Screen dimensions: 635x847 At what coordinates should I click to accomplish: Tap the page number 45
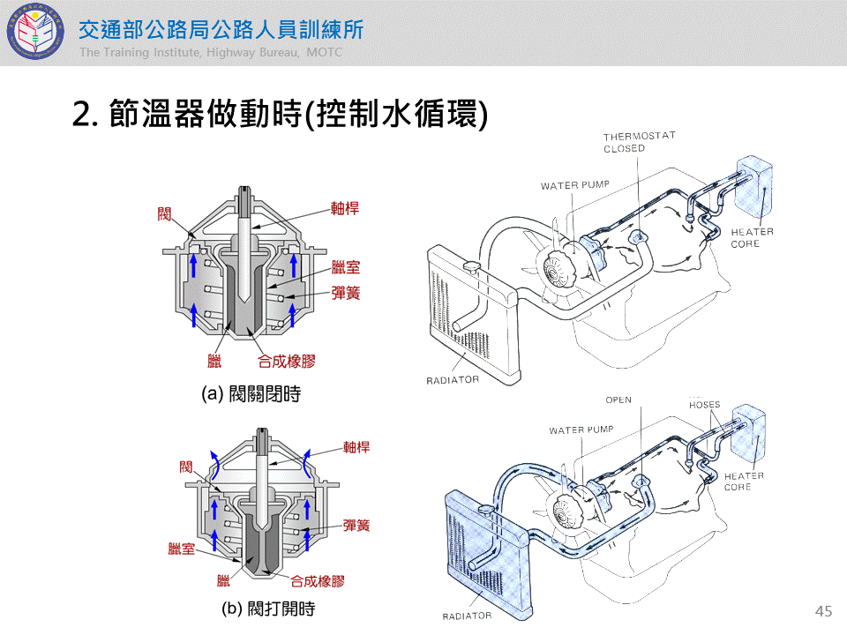click(x=824, y=611)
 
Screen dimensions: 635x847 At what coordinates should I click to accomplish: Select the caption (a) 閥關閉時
click(x=251, y=394)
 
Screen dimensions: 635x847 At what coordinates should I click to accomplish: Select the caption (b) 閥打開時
click(x=268, y=609)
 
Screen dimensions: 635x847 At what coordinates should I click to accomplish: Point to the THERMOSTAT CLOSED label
click(x=639, y=142)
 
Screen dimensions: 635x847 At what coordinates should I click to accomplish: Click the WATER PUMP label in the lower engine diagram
click(x=581, y=430)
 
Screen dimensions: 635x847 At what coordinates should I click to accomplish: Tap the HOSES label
click(x=704, y=405)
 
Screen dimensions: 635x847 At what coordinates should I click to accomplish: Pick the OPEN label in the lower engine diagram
click(x=618, y=400)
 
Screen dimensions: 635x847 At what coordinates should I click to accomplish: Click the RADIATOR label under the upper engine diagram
click(x=453, y=380)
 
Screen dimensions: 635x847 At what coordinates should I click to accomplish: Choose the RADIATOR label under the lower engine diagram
click(x=467, y=616)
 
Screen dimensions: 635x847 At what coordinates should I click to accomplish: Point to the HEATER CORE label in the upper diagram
click(x=752, y=237)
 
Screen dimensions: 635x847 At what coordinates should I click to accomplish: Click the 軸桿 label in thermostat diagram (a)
click(x=345, y=210)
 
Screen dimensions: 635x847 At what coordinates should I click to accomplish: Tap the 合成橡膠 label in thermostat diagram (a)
click(x=287, y=361)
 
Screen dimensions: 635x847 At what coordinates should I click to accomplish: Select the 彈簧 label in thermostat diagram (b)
click(x=356, y=525)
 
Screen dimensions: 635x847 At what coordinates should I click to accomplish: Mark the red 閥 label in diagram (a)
click(x=164, y=213)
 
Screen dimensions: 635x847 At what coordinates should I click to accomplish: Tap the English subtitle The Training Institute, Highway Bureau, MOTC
click(x=210, y=53)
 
